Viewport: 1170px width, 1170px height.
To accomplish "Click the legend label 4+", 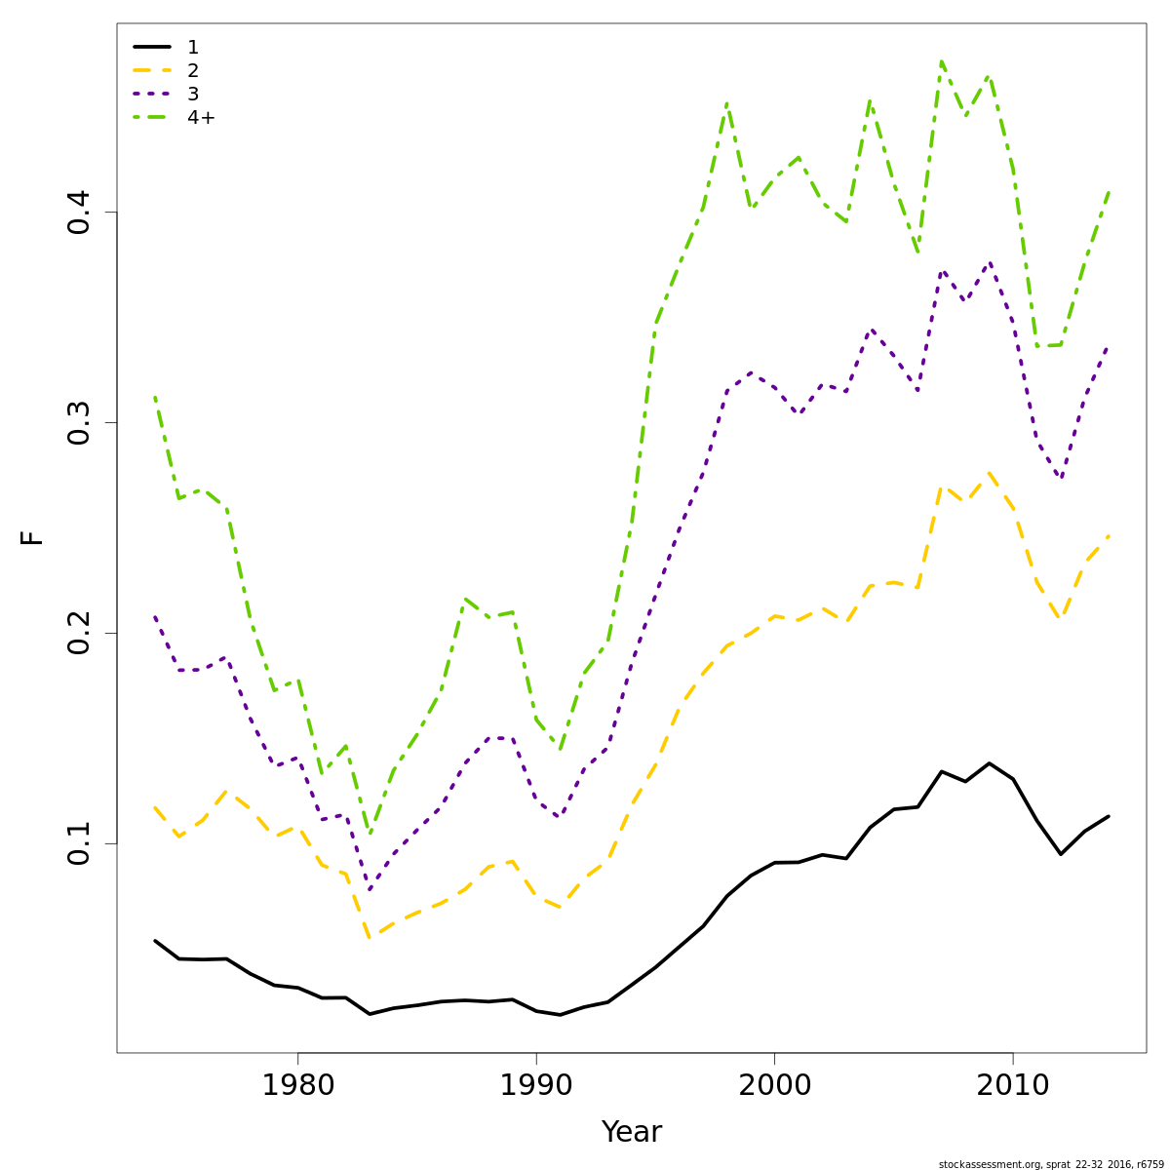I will coord(201,117).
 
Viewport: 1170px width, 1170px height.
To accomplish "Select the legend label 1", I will coord(193,47).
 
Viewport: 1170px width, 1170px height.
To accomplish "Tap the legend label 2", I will coord(193,70).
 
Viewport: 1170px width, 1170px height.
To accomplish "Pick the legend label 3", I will coord(193,94).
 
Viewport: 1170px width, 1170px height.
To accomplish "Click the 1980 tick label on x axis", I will coord(297,1086).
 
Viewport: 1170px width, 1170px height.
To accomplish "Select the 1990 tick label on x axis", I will coord(536,1086).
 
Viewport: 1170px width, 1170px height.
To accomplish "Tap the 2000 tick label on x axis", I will coord(774,1086).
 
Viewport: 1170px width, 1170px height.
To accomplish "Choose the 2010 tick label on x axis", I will coord(1013,1086).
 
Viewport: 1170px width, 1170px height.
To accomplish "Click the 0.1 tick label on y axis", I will coord(80,843).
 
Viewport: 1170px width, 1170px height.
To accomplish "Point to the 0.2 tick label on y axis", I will coord(80,633).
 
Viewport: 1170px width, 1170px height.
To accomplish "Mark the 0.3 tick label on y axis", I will coord(80,422).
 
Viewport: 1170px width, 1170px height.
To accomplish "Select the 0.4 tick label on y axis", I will coord(80,212).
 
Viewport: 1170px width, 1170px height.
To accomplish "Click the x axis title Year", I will coord(632,1133).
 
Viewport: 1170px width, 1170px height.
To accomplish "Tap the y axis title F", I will coord(33,537).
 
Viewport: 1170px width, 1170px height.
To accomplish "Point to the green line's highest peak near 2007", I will coord(942,61).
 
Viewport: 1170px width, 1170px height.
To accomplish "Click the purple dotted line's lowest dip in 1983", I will coord(370,890).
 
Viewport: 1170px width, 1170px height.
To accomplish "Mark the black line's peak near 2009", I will coord(990,763).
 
